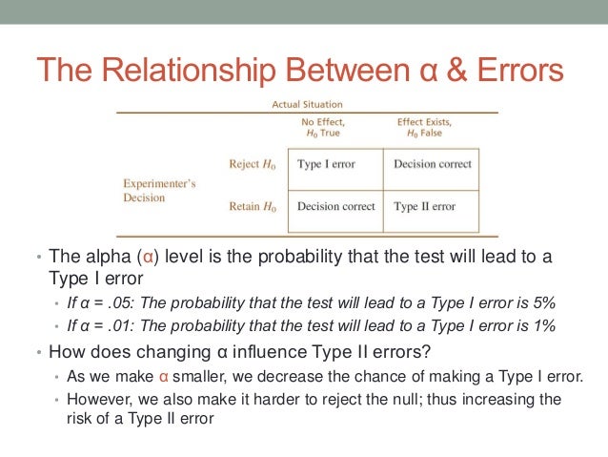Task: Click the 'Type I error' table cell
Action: pyautogui.click(x=326, y=164)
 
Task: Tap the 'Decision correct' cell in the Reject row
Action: pyautogui.click(x=432, y=164)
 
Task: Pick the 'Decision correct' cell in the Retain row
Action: pyautogui.click(x=335, y=206)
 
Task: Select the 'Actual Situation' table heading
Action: pyautogui.click(x=307, y=105)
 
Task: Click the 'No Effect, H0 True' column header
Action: pyautogui.click(x=323, y=128)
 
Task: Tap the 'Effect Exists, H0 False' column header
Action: pyautogui.click(x=426, y=128)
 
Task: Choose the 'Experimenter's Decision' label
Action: pyautogui.click(x=160, y=191)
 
